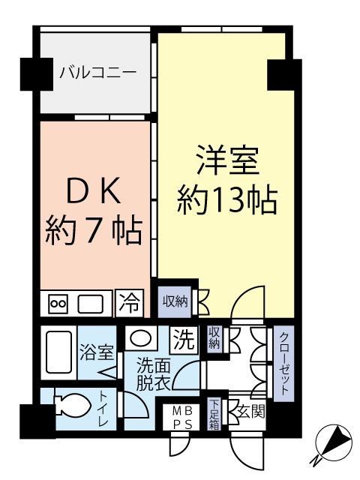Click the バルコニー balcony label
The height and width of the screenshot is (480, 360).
pos(97,73)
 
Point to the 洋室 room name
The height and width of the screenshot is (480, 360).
pos(227,164)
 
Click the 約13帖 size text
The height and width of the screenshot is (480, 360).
pos(227,201)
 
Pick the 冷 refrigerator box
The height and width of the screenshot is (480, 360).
pos(129,303)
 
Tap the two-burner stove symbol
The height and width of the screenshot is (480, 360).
pos(58,304)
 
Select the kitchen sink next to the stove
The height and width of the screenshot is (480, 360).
pos(91,304)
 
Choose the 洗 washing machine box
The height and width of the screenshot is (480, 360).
pos(182,339)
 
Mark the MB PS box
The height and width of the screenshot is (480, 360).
pos(183,418)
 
